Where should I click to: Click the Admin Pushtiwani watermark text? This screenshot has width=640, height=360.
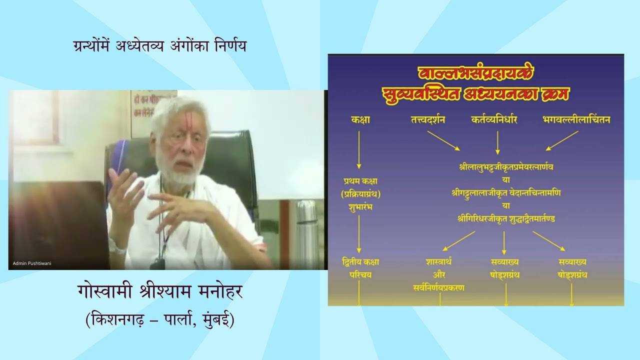pyautogui.click(x=32, y=263)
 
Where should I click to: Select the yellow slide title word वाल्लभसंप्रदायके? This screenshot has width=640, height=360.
pyautogui.click(x=475, y=74)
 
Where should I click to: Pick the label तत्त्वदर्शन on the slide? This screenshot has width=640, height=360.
pyautogui.click(x=426, y=120)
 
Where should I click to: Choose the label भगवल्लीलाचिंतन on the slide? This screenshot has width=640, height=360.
pyautogui.click(x=575, y=120)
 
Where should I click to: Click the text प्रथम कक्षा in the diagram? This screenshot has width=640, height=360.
pyautogui.click(x=358, y=181)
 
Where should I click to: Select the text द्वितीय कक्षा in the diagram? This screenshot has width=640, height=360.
pyautogui.click(x=358, y=262)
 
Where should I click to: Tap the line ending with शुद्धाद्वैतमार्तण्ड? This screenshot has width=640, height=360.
pyautogui.click(x=506, y=218)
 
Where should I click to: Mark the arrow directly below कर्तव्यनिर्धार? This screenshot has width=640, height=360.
pyautogui.click(x=497, y=142)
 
